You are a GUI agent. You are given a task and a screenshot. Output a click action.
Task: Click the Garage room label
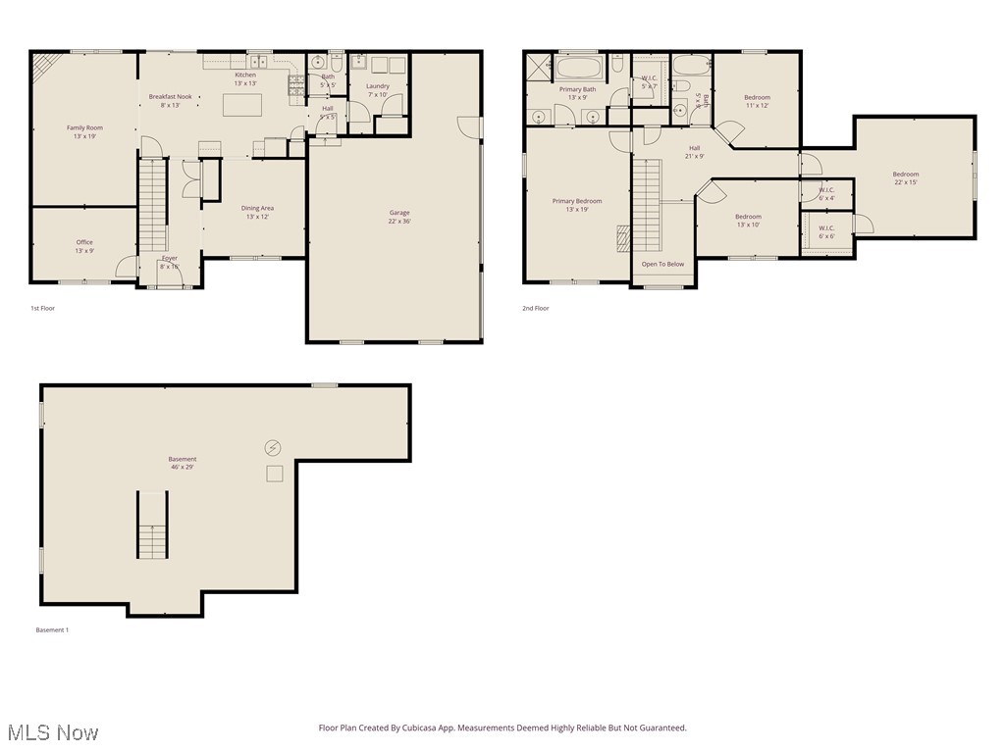399,217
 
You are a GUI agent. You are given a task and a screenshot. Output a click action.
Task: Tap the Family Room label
84,131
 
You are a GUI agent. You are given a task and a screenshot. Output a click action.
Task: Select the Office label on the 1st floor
84,246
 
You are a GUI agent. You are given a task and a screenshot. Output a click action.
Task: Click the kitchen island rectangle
241,104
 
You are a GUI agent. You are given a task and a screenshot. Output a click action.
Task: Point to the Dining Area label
257,212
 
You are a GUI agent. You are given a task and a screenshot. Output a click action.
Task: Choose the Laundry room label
378,90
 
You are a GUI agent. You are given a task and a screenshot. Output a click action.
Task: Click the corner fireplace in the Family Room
45,66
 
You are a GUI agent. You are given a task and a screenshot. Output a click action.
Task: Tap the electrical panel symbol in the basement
273,448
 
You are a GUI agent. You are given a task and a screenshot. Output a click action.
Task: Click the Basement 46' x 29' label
182,463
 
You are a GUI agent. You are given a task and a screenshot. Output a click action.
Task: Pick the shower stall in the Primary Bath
539,68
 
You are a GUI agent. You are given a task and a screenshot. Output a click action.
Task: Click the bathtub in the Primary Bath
580,70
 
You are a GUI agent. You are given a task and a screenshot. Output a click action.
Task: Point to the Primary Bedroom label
577,205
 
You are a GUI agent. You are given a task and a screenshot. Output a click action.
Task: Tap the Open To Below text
662,264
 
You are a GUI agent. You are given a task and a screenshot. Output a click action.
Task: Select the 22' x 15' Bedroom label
905,177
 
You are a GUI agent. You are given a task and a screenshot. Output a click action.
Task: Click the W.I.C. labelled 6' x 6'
826,232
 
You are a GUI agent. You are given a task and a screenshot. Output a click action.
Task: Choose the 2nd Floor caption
536,308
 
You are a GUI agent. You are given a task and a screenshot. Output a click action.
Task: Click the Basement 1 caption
52,629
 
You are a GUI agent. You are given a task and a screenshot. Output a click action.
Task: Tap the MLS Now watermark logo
51,732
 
